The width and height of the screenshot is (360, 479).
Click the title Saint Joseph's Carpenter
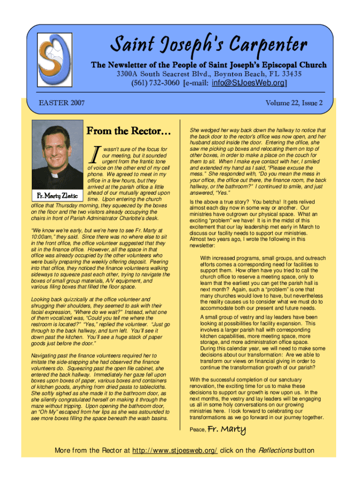coord(208,46)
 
